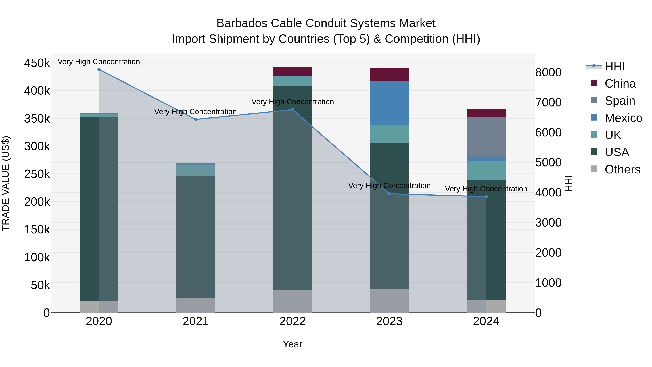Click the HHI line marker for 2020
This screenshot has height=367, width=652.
(x=99, y=69)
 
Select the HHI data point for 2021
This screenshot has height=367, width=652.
(x=196, y=119)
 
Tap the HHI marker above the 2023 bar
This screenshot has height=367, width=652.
(x=389, y=194)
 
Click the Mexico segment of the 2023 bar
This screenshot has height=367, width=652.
(x=389, y=103)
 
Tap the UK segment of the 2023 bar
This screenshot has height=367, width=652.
(x=389, y=134)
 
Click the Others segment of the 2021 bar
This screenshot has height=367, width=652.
(x=196, y=305)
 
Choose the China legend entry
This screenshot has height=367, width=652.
(x=620, y=84)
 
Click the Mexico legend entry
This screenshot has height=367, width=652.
(x=623, y=118)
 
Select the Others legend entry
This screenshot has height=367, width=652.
(x=622, y=169)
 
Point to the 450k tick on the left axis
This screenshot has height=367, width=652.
(x=37, y=63)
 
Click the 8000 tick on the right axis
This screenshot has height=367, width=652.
(x=548, y=72)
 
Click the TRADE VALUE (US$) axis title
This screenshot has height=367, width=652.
(x=6, y=183)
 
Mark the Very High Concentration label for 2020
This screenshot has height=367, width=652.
(x=99, y=62)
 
